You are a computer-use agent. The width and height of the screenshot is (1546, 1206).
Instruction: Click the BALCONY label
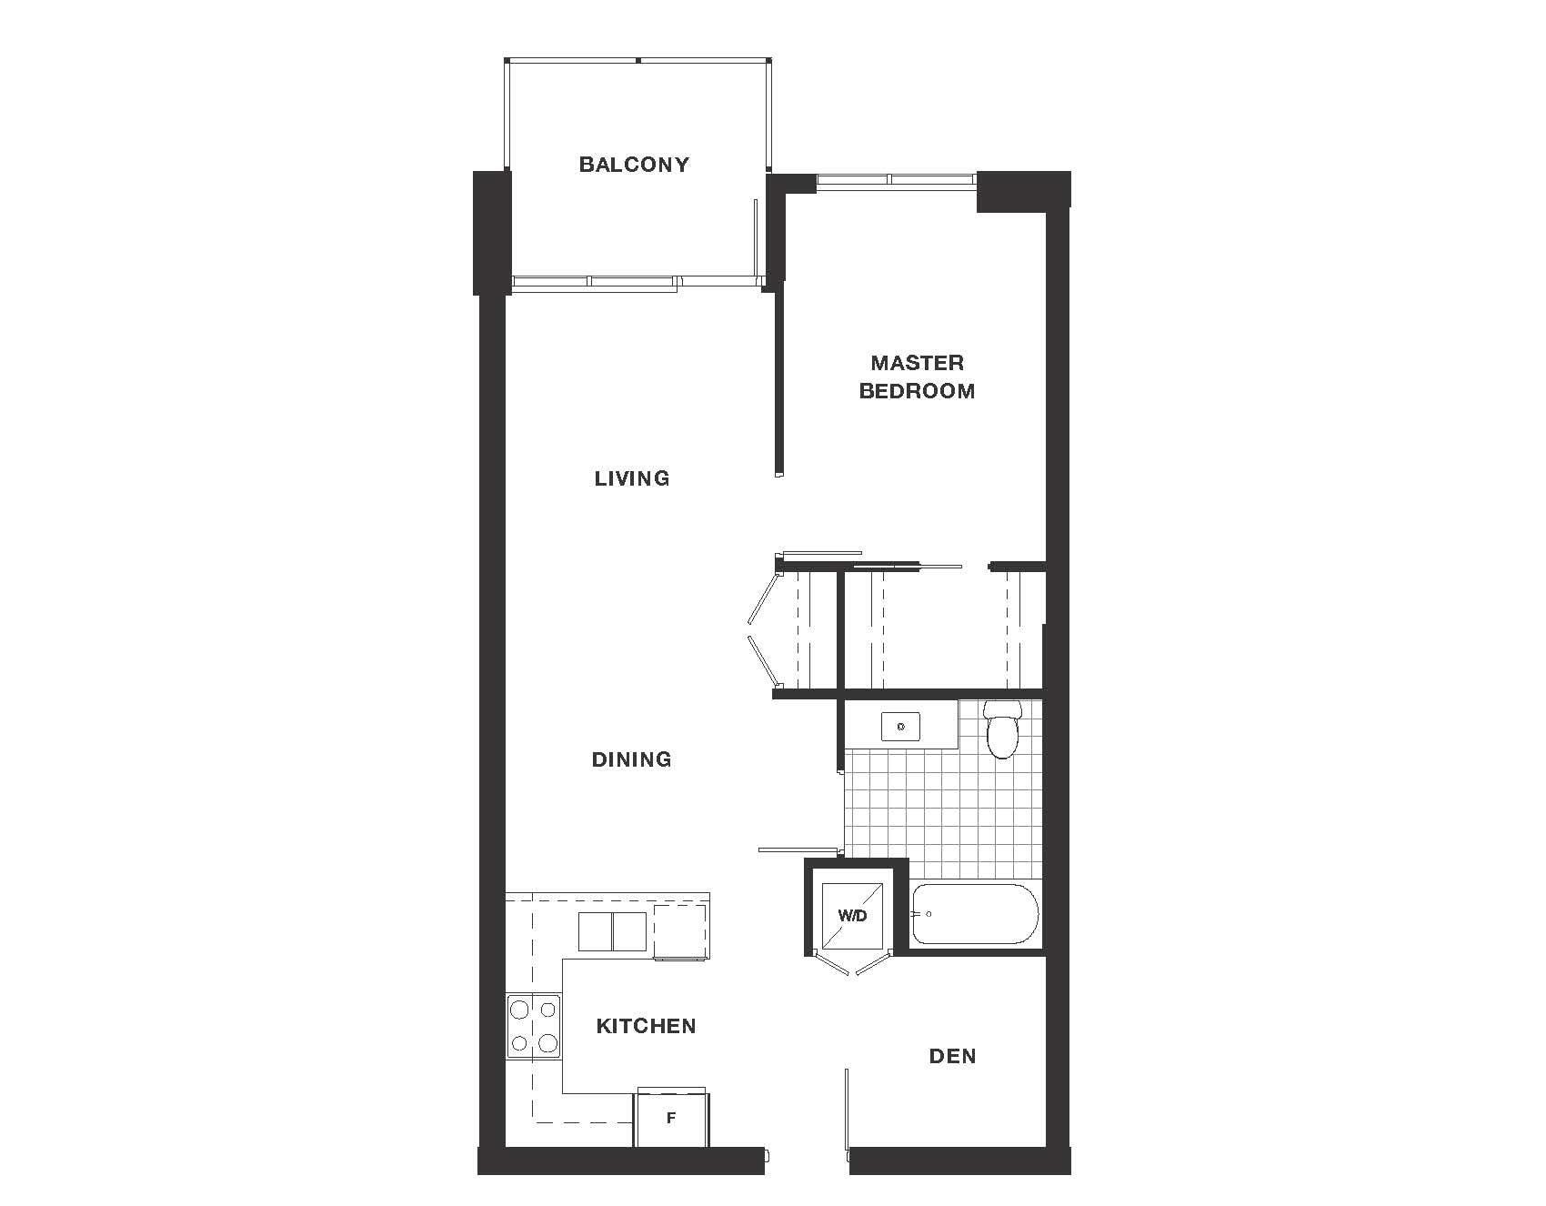tap(634, 165)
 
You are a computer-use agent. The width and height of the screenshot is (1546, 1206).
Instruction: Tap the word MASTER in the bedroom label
tap(917, 363)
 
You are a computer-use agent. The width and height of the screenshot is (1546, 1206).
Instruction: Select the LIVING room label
tap(632, 478)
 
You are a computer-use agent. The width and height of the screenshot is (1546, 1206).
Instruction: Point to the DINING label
tap(631, 759)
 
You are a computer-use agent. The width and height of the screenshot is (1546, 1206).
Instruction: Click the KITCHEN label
tap(646, 1026)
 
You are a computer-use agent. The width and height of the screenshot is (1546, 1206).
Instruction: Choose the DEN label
tap(952, 1056)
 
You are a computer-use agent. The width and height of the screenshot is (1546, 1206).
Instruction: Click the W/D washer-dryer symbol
tap(853, 916)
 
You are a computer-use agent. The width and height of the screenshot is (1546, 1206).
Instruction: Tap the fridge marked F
tap(671, 1119)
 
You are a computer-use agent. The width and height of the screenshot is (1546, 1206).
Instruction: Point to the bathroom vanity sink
tap(900, 727)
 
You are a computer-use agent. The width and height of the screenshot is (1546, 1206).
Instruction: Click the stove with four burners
tap(534, 1025)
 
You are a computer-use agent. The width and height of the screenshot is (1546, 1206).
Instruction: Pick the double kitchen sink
tap(612, 931)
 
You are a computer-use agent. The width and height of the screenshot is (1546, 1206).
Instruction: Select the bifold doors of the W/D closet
tap(853, 967)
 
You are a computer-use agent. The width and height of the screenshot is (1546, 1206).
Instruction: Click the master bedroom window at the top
tap(895, 179)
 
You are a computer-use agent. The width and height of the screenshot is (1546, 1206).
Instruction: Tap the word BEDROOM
tap(917, 391)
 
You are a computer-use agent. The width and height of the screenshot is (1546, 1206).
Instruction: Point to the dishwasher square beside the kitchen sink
tap(680, 931)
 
